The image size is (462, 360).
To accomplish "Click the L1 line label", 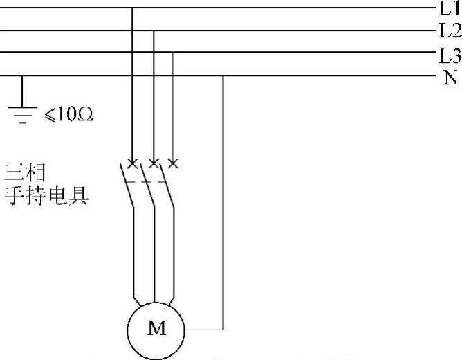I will point(448,8).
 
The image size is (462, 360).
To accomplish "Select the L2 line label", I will point(448,31).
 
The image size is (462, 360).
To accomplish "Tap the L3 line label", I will point(448,54).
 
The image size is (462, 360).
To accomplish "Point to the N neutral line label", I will point(450,75).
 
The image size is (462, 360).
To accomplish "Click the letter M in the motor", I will point(157,328).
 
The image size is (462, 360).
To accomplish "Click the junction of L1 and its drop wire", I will point(132,8).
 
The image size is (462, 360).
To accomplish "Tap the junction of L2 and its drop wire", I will point(154,31).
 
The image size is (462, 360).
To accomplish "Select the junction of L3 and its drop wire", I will point(173,53).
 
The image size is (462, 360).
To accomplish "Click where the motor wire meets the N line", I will point(223,75).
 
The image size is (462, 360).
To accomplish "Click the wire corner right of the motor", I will point(223,328).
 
